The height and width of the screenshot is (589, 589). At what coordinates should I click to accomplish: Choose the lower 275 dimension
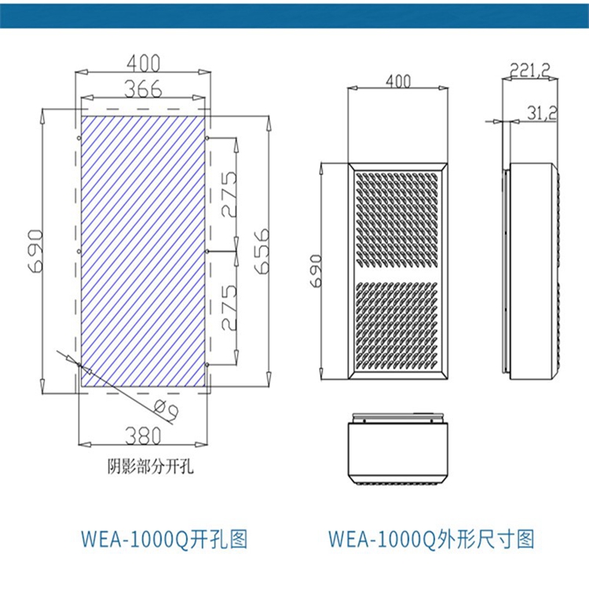pyautogui.click(x=229, y=309)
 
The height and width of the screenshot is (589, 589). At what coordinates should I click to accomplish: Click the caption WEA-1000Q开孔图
pyautogui.click(x=164, y=540)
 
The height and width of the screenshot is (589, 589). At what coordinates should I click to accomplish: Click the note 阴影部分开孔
pyautogui.click(x=149, y=469)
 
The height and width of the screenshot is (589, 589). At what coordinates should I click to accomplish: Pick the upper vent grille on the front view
pyautogui.click(x=399, y=218)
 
